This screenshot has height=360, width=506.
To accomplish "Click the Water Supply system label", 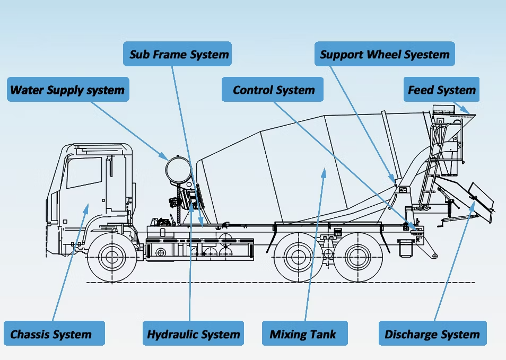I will (67, 90).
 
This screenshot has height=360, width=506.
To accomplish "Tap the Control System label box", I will (273, 90).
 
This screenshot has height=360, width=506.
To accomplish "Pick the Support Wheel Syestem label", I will (385, 54).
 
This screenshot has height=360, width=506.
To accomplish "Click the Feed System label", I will (441, 90).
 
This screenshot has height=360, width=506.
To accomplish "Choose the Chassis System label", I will (51, 335).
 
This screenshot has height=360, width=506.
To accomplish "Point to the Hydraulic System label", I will (194, 335).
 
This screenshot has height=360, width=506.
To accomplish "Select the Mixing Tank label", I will (303, 335).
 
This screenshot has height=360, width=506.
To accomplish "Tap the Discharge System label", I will (432, 335).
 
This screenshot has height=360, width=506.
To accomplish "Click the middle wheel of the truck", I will (295, 257).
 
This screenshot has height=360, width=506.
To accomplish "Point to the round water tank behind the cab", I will (178, 170).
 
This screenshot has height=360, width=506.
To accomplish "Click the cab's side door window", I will (84, 172).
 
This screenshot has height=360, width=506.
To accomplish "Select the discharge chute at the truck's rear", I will (467, 199).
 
